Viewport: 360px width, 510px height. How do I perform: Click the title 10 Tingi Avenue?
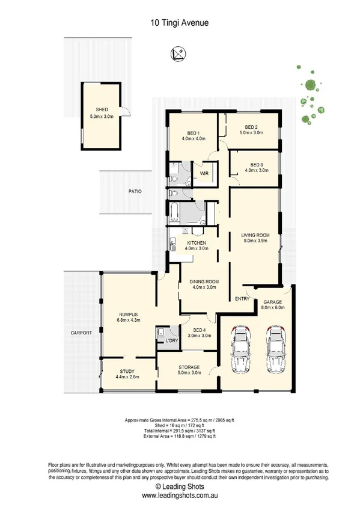click(x=180, y=23)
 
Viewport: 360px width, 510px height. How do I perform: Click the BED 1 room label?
click(x=194, y=132)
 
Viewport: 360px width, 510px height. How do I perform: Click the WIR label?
click(x=204, y=174)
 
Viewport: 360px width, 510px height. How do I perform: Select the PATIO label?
click(x=134, y=191)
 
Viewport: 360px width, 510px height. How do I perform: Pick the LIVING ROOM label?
click(x=255, y=235)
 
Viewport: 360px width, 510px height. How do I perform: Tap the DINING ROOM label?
click(x=204, y=282)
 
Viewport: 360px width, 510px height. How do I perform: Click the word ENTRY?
click(x=242, y=299)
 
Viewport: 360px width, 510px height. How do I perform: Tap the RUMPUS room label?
click(x=128, y=315)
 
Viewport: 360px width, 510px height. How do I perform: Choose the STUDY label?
click(x=127, y=371)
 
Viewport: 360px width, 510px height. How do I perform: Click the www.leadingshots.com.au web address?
click(x=180, y=496)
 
